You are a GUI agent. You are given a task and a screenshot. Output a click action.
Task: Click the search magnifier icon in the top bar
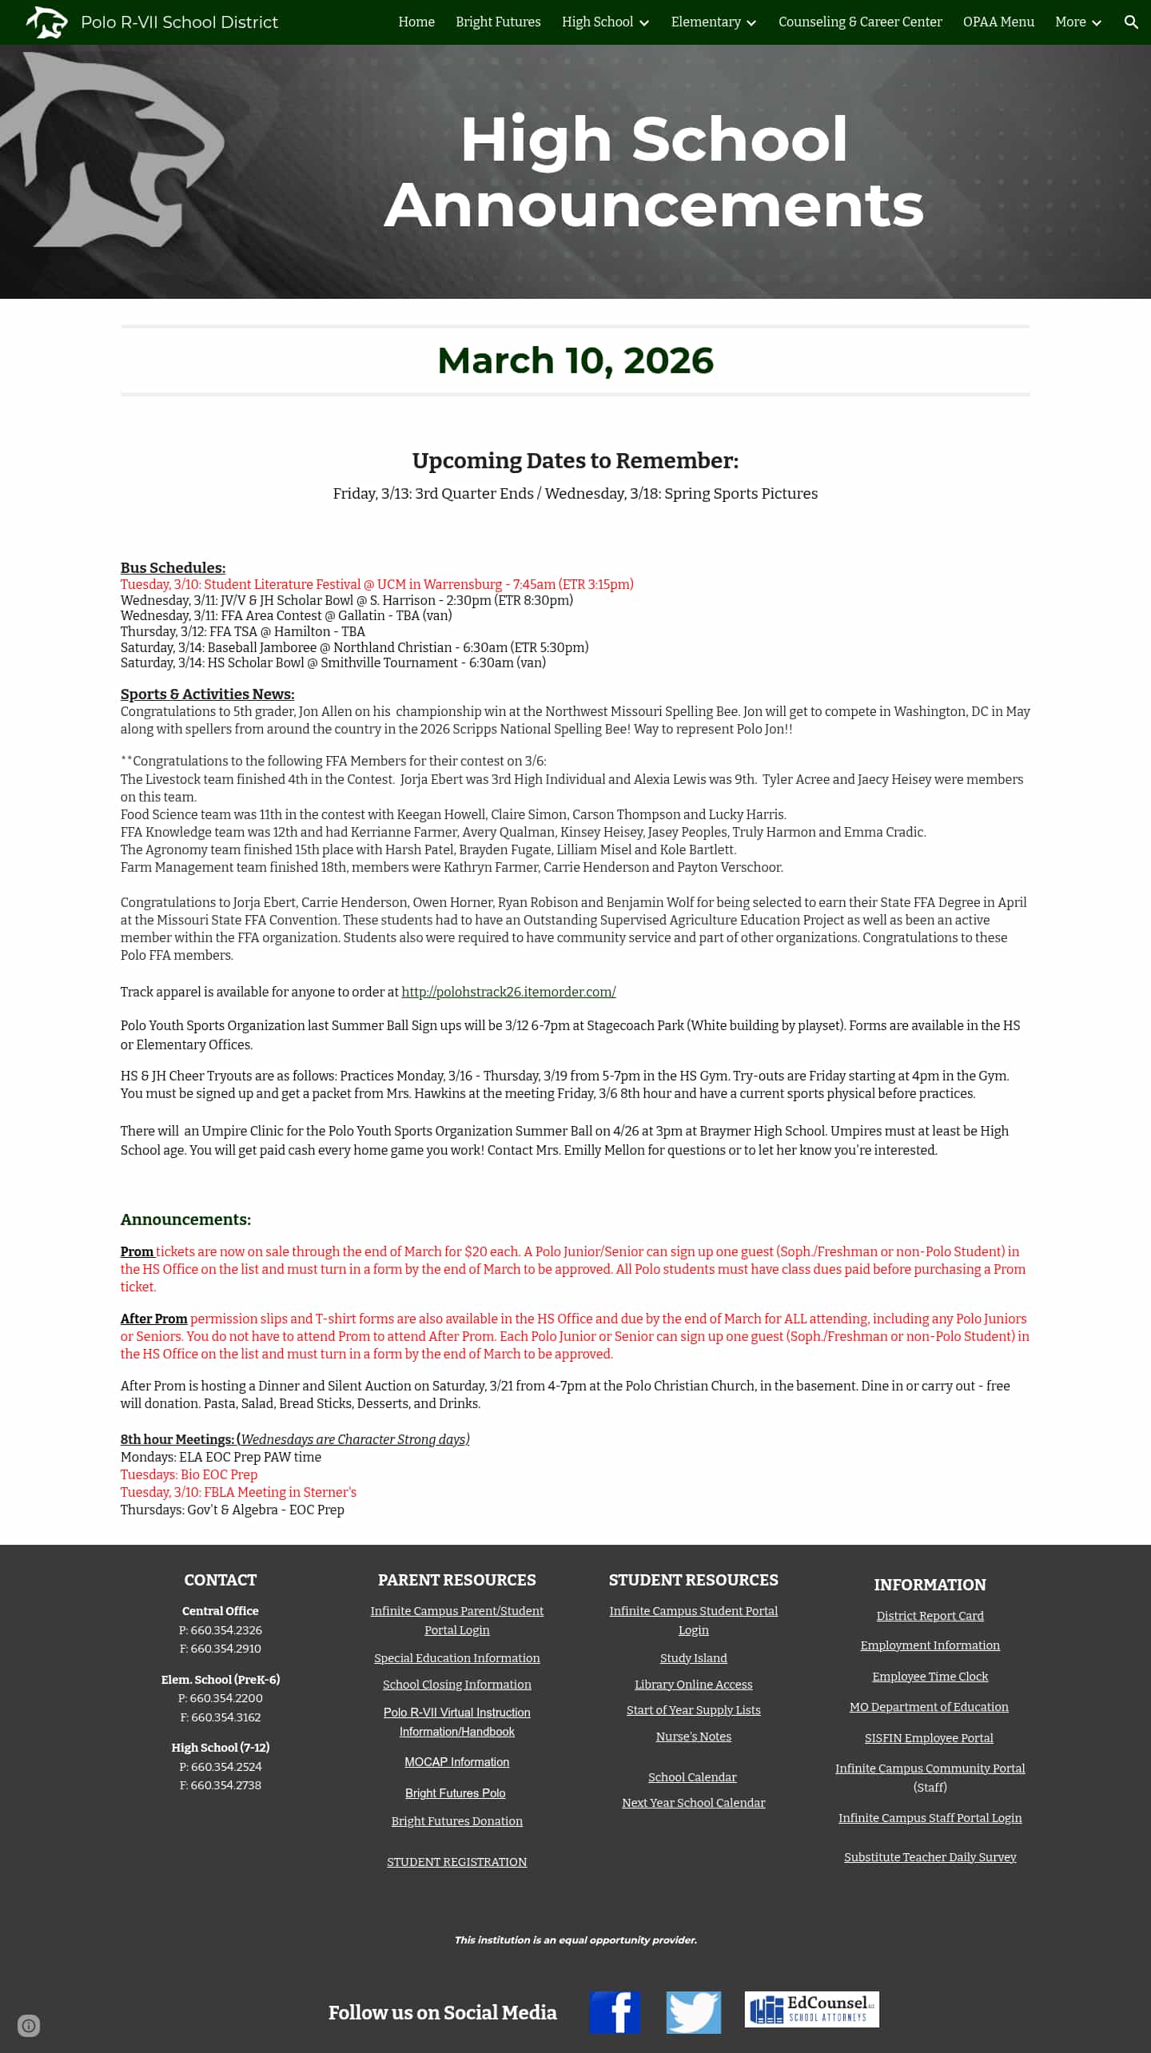pos(1131,22)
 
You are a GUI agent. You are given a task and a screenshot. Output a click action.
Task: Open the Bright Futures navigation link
pos(498,22)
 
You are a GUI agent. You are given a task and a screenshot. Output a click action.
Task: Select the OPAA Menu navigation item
pos(998,22)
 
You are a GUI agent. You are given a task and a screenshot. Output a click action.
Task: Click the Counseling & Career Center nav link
pos(860,22)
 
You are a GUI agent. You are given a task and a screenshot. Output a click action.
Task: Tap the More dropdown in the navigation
pos(1077,22)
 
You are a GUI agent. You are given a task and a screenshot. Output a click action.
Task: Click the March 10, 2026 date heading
pos(575,360)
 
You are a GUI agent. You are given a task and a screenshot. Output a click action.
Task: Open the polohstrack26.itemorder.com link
pos(508,992)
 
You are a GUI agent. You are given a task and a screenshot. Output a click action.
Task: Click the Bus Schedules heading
pos(173,567)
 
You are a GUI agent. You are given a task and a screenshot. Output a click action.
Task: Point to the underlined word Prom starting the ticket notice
pos(137,1251)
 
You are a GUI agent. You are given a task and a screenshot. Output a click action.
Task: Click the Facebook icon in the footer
pos(615,2012)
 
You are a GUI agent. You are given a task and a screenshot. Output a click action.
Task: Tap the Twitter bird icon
pos(694,2012)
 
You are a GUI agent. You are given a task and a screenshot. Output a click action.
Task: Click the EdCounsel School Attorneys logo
pos(811,2009)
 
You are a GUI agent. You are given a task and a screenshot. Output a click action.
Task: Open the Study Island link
pos(694,1658)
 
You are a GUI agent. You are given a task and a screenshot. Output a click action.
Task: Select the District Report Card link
pos(930,1616)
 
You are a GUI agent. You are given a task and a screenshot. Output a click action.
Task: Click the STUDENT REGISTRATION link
pos(457,1862)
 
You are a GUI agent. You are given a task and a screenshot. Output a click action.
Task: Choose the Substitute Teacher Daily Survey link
pos(930,1857)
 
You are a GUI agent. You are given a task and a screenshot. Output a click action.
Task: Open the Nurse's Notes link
pos(694,1737)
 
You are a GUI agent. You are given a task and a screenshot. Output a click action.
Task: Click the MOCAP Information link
pos(457,1762)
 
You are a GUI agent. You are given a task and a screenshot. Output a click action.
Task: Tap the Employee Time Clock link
pos(930,1677)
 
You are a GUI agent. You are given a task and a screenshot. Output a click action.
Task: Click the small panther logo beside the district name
pos(46,22)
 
